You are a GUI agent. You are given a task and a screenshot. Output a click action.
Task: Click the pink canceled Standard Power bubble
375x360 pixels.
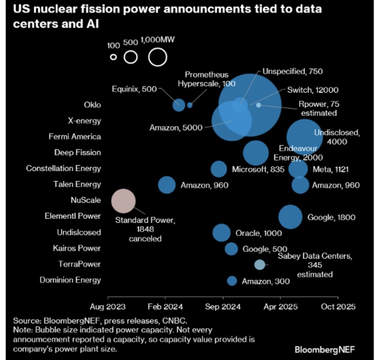click(x=123, y=201)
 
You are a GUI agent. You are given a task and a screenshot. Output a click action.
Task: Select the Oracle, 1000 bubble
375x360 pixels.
click(x=221, y=233)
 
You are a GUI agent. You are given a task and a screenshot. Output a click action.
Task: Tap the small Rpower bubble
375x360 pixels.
click(x=259, y=105)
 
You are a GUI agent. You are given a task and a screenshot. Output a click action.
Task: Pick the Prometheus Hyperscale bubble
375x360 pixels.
click(x=190, y=105)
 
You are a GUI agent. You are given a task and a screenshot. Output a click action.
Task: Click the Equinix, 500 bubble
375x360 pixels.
click(x=179, y=105)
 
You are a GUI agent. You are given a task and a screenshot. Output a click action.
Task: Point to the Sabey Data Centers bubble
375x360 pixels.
click(x=260, y=265)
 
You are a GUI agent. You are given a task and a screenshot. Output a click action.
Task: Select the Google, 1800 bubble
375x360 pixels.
click(x=290, y=217)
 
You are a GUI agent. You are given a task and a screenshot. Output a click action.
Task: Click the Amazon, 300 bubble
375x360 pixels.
click(x=232, y=281)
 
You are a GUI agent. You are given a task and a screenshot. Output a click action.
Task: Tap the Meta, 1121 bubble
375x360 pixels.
click(x=298, y=169)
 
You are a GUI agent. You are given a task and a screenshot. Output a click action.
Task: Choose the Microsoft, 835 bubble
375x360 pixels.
click(x=219, y=169)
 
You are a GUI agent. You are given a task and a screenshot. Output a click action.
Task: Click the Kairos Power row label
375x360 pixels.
click(x=77, y=248)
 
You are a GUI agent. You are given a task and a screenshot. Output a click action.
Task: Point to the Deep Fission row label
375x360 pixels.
click(x=77, y=153)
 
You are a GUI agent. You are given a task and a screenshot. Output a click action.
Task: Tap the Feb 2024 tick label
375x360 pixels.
click(x=165, y=307)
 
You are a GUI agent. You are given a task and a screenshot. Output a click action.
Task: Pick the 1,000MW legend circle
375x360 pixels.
click(x=158, y=57)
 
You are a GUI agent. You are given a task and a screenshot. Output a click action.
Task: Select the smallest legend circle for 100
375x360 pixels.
click(x=114, y=57)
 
